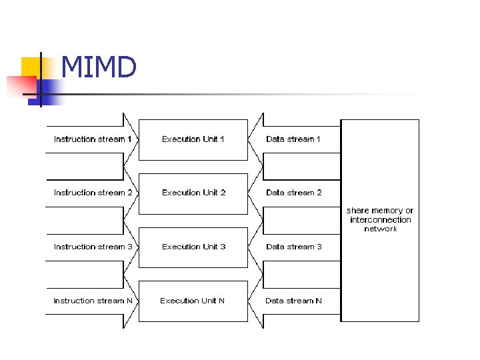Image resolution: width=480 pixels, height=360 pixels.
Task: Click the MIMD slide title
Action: pos(99,67)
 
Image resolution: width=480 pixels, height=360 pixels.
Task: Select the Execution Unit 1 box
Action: pos(193,139)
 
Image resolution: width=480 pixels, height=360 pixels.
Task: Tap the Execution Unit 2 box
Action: pos(193,193)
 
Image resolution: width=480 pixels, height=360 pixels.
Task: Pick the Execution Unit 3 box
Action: pos(193,247)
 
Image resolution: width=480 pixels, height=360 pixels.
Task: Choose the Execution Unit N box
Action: pos(193,301)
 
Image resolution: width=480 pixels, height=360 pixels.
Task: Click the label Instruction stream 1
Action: pos(93,139)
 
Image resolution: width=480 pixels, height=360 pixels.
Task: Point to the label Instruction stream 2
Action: pos(93,193)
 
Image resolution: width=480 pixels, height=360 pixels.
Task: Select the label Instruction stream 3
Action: pos(93,247)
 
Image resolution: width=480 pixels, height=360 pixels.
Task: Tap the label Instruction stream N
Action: pos(93,301)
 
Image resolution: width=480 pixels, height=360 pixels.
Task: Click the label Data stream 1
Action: pos(293,139)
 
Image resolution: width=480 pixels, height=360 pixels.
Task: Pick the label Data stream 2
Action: pos(293,193)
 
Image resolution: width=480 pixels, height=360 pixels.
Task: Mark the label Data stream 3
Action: pos(293,247)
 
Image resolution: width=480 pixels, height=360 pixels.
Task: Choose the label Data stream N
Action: pos(293,301)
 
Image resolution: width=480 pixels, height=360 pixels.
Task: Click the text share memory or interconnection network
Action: pos(380,219)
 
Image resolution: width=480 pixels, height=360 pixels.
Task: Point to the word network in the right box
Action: pos(380,229)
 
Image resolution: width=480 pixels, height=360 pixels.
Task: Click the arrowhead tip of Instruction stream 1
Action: pos(137,139)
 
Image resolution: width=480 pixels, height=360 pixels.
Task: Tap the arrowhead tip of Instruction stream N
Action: pos(137,301)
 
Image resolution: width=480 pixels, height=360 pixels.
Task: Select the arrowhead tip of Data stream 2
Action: pos(249,193)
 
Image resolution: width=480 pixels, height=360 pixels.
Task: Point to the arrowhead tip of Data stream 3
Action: pos(249,247)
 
